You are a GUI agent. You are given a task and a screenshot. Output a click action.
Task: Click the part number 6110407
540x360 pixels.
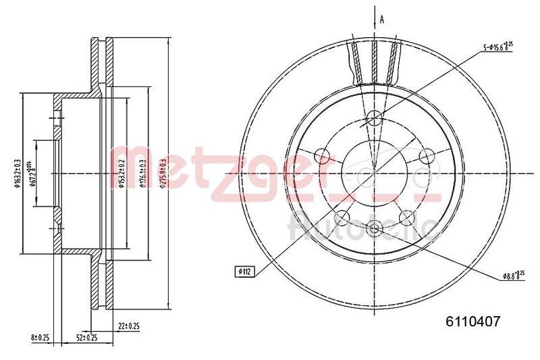point(473,323)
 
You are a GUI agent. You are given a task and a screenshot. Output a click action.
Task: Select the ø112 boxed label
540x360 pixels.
point(244,272)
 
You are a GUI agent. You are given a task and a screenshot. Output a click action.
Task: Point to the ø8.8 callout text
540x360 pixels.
point(514,275)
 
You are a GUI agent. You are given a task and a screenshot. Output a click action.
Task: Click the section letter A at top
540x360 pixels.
point(382,20)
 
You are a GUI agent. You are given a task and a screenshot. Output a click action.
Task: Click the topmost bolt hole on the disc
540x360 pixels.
point(375,121)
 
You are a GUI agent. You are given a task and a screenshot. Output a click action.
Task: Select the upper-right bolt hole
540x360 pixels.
point(425,157)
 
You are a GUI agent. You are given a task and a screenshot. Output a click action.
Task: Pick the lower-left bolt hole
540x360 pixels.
point(343,217)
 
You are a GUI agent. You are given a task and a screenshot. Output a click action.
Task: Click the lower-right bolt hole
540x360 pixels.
point(406,217)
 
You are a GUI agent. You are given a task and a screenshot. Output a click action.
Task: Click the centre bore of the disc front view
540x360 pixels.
point(375,174)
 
